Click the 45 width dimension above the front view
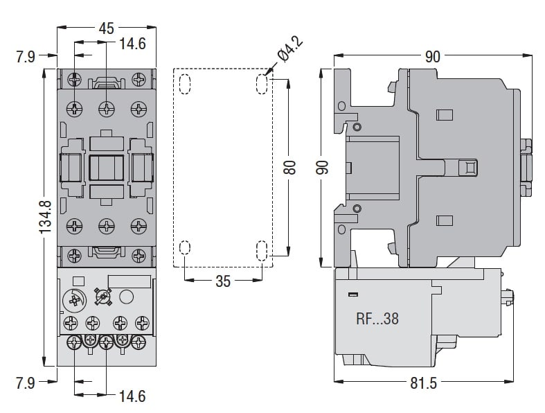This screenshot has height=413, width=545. point(106,29)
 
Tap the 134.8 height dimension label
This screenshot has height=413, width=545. point(46,217)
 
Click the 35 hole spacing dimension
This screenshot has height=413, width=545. point(222,281)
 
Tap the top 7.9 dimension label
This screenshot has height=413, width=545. point(26,56)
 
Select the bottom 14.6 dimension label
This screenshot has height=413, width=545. point(132,396)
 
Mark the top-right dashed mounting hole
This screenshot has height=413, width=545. point(262,84)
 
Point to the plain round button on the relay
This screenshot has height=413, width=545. point(127,297)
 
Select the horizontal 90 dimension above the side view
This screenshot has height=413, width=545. point(432,57)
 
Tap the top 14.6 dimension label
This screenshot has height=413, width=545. point(132,44)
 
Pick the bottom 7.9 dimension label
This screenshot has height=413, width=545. point(26,382)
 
